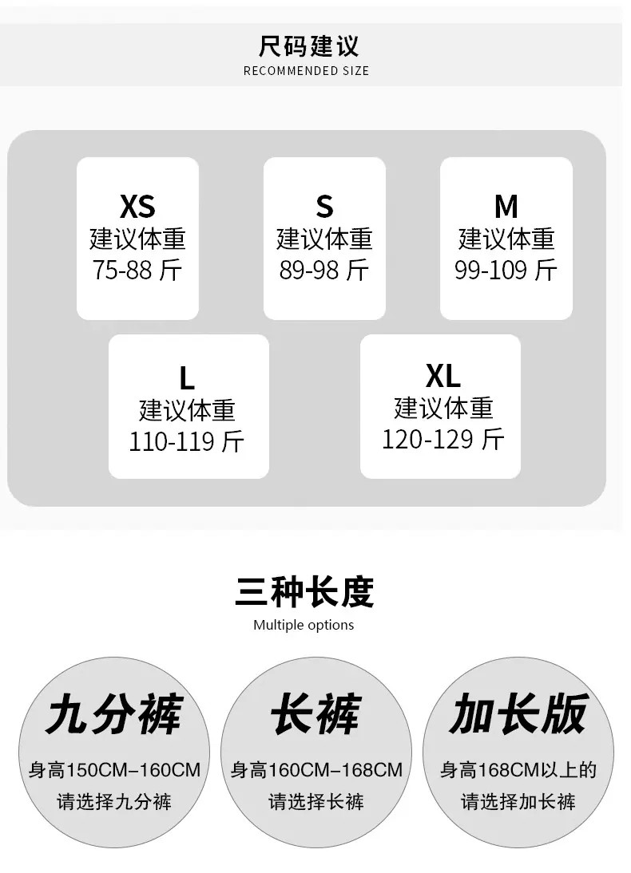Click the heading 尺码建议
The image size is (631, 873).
(x=308, y=45)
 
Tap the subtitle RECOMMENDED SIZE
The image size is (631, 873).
(x=306, y=71)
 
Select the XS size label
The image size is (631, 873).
(x=137, y=207)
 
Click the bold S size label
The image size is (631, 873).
(x=324, y=207)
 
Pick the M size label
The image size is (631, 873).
(x=506, y=207)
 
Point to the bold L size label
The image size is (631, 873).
(x=187, y=378)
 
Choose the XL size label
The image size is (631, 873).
(x=443, y=376)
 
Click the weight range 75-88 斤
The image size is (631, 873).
(x=137, y=271)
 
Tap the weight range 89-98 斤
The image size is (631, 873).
(x=323, y=271)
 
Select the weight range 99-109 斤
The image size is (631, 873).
(x=506, y=271)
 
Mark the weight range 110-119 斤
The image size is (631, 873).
(x=187, y=441)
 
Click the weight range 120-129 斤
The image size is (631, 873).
(x=443, y=439)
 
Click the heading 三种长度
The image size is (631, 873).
(x=304, y=591)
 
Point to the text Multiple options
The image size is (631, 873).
(x=304, y=625)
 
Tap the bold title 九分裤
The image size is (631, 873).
(x=114, y=713)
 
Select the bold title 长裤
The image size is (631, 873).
(x=316, y=713)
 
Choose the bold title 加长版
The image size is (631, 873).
(x=518, y=713)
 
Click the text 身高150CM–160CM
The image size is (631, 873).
(x=114, y=770)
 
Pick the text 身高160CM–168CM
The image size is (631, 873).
(x=316, y=770)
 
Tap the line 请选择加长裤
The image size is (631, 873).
(x=518, y=802)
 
